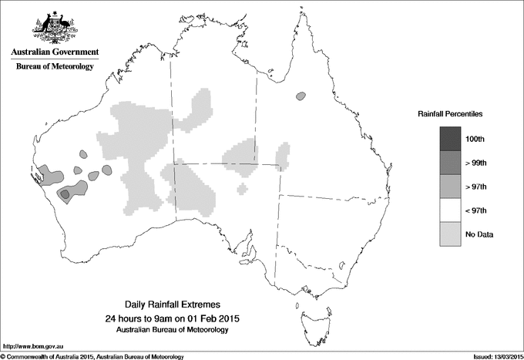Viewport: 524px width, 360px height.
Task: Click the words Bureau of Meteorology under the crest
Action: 55,67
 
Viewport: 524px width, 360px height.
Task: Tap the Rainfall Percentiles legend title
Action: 450,113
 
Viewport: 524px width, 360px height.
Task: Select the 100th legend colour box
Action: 450,139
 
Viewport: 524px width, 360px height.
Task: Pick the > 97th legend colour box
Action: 450,187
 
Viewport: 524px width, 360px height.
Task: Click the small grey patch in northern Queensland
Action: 300,96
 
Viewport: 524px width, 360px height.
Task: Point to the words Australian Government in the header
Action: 55,53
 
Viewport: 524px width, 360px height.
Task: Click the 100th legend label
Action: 475,139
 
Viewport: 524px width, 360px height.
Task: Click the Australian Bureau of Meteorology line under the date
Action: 176,330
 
